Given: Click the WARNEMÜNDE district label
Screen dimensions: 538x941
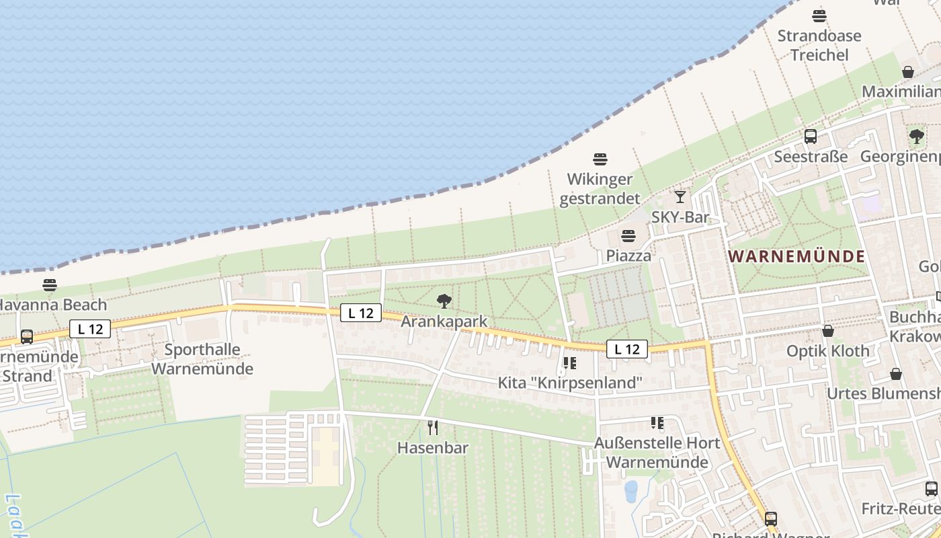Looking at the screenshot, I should click(x=797, y=256).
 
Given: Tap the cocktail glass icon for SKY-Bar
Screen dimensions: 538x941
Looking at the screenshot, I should click(x=680, y=197).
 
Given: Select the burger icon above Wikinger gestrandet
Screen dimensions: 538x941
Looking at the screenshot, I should click(x=600, y=159).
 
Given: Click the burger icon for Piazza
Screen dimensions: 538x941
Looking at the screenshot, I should click(x=628, y=236).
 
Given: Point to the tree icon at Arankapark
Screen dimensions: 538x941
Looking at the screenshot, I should click(x=444, y=301).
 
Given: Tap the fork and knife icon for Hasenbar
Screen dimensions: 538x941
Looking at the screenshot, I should click(x=433, y=427).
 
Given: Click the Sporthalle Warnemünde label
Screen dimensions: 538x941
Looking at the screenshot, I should click(x=202, y=359).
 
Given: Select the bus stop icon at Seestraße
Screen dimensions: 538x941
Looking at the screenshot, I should click(x=811, y=137).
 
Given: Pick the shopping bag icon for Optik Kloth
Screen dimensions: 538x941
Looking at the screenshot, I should click(x=828, y=331).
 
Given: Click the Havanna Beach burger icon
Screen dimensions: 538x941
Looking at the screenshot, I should click(x=50, y=285).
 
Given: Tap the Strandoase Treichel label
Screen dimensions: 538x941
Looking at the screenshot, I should click(x=819, y=45).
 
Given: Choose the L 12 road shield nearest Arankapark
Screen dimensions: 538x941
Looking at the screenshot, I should click(x=361, y=313).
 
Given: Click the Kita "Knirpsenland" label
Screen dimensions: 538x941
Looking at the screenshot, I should click(x=570, y=383).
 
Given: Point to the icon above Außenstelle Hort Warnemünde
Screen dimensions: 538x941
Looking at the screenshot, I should click(x=657, y=423).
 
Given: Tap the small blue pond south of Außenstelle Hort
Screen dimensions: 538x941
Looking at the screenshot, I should click(x=630, y=491).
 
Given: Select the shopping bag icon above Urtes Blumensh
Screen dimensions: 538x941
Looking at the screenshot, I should click(x=896, y=374).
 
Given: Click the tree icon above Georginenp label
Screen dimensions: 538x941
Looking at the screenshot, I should click(x=916, y=137).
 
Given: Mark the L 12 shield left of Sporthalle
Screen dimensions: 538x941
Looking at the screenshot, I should click(x=89, y=329).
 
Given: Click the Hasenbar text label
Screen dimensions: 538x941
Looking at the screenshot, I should click(x=433, y=448).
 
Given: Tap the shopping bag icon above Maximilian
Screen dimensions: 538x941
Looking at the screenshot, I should click(x=908, y=72).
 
